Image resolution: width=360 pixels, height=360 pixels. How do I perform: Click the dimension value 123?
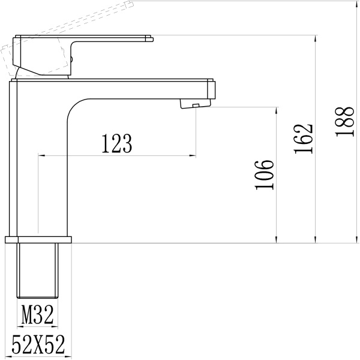coord(116,143)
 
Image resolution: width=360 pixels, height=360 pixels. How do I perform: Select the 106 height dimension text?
coord(265,175)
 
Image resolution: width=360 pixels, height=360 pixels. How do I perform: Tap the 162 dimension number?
coord(305,139)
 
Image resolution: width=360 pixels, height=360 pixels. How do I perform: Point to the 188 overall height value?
coord(344,122)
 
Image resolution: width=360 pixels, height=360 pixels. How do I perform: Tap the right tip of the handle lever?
coord(150,39)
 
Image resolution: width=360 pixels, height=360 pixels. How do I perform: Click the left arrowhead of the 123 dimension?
coord(41,155)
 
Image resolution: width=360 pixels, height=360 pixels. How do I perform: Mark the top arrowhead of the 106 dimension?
coord(277,110)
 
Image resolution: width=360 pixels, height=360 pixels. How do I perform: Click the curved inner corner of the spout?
coord(72,108)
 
